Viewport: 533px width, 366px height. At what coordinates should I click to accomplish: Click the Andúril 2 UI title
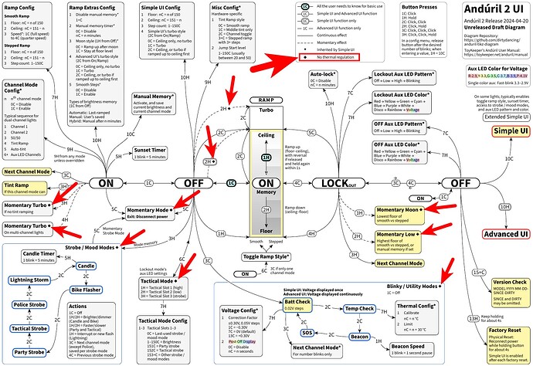(x=490, y=13)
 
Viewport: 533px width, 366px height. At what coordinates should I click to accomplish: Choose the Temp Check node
(x=360, y=308)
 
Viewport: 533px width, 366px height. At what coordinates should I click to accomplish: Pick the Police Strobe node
(x=28, y=304)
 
